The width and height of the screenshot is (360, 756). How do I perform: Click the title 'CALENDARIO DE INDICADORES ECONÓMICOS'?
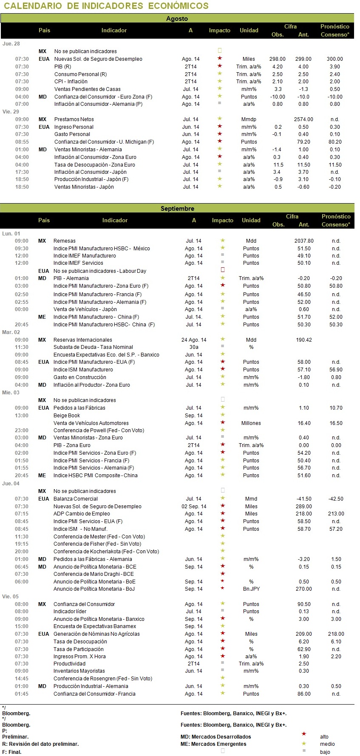106,6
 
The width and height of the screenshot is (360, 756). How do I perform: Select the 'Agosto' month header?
177,19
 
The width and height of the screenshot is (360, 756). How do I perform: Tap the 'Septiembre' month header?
177,209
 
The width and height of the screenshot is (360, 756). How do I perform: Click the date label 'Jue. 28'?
11,44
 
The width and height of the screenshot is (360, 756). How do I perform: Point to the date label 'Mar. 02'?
11,332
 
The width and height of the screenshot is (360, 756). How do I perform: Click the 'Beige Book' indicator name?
67,416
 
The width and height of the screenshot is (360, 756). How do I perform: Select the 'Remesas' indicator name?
65,241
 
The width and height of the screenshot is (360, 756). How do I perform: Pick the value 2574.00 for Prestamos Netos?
303,119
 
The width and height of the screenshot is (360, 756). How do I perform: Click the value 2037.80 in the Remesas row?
304,241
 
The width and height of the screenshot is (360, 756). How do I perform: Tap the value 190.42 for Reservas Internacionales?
304,340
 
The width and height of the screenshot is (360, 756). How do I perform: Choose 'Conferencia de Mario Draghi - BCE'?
94,574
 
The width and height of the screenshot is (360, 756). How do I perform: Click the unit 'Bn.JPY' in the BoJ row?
251,589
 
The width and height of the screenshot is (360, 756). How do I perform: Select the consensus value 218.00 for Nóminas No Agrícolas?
336,634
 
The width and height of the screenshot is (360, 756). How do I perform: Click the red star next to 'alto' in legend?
304,734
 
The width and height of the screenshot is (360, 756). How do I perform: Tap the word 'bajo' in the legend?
325,752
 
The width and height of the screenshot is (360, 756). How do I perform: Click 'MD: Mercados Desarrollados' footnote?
216,737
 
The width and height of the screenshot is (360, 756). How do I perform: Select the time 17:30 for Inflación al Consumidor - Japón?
22,172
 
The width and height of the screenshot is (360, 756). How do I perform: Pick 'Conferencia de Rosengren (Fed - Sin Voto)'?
103,679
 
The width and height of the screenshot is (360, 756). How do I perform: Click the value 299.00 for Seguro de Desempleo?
303,59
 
